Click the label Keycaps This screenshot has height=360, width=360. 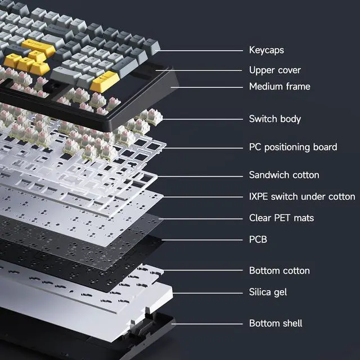pyautogui.click(x=266, y=51)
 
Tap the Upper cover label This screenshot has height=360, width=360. pyautogui.click(x=274, y=70)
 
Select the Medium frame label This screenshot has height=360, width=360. pyautogui.click(x=280, y=87)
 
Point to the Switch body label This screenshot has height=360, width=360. pyautogui.click(x=274, y=119)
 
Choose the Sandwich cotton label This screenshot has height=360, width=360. pyautogui.click(x=284, y=175)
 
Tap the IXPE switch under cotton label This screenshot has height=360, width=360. pyautogui.click(x=302, y=196)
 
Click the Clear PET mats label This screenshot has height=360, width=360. pyautogui.click(x=281, y=218)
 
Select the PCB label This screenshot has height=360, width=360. pyautogui.click(x=258, y=240)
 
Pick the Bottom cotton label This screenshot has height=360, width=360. pyautogui.click(x=279, y=271)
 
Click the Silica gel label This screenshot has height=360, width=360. pyautogui.click(x=268, y=292)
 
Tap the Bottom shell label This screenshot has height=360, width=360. pyautogui.click(x=276, y=323)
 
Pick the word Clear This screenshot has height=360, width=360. pyautogui.click(x=260, y=218)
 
